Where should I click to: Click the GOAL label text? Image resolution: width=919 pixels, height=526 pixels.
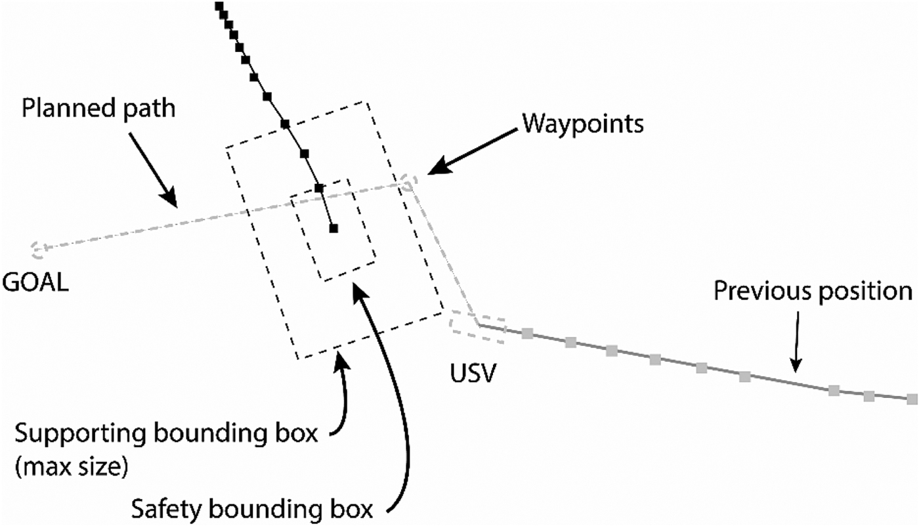point(35,284)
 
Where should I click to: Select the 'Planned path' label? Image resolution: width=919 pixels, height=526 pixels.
point(98,108)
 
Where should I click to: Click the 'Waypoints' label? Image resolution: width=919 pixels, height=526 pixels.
point(582,123)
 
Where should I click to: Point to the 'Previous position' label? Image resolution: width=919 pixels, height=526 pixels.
point(813,290)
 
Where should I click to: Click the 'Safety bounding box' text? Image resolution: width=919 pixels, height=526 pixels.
point(253,508)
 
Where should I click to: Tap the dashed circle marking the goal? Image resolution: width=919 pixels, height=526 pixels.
point(38,248)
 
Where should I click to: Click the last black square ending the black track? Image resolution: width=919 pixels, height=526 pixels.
point(333,228)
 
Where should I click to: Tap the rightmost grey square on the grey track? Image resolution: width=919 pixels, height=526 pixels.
point(911,399)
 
